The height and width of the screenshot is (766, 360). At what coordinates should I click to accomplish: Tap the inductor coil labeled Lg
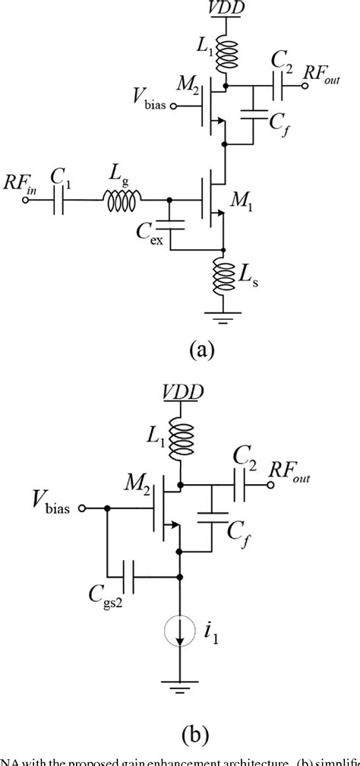click(x=122, y=201)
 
